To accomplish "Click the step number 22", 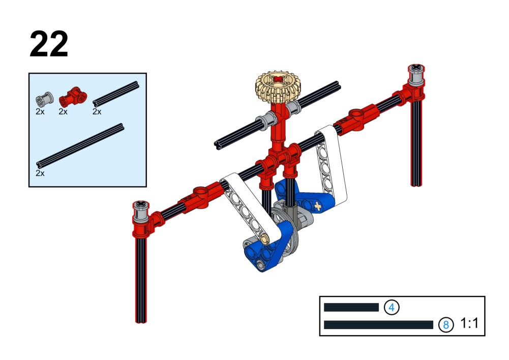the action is click(49, 44).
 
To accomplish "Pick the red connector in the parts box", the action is click(73, 97).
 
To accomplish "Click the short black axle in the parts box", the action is click(116, 94).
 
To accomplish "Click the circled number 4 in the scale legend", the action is click(392, 307).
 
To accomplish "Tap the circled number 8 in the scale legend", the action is click(446, 324).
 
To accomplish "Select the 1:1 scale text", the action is click(469, 323).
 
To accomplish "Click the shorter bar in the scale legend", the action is click(351, 307).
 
